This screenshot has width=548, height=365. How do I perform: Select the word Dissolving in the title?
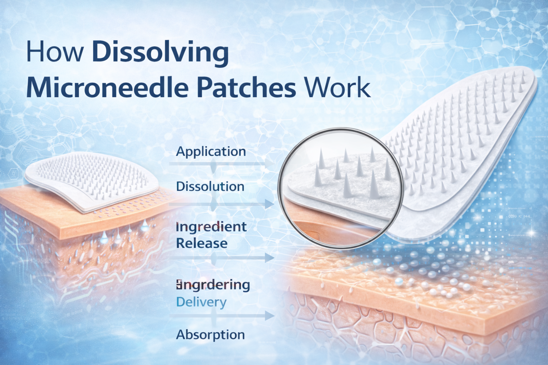(x=160, y=52)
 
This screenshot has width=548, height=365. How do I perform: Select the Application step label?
(x=211, y=151)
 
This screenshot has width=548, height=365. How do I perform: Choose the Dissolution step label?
(x=210, y=186)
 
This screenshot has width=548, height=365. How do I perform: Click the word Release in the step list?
(x=202, y=243)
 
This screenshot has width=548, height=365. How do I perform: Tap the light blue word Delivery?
(x=201, y=302)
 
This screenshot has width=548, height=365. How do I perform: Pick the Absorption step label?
(x=210, y=335)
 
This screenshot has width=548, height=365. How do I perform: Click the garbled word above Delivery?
(x=213, y=285)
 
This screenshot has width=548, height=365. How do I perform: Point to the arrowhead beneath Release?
(x=269, y=258)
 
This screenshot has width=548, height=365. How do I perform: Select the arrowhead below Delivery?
(x=269, y=316)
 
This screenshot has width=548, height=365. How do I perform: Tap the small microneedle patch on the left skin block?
(x=89, y=182)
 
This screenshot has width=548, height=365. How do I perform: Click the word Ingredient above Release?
(x=211, y=227)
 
